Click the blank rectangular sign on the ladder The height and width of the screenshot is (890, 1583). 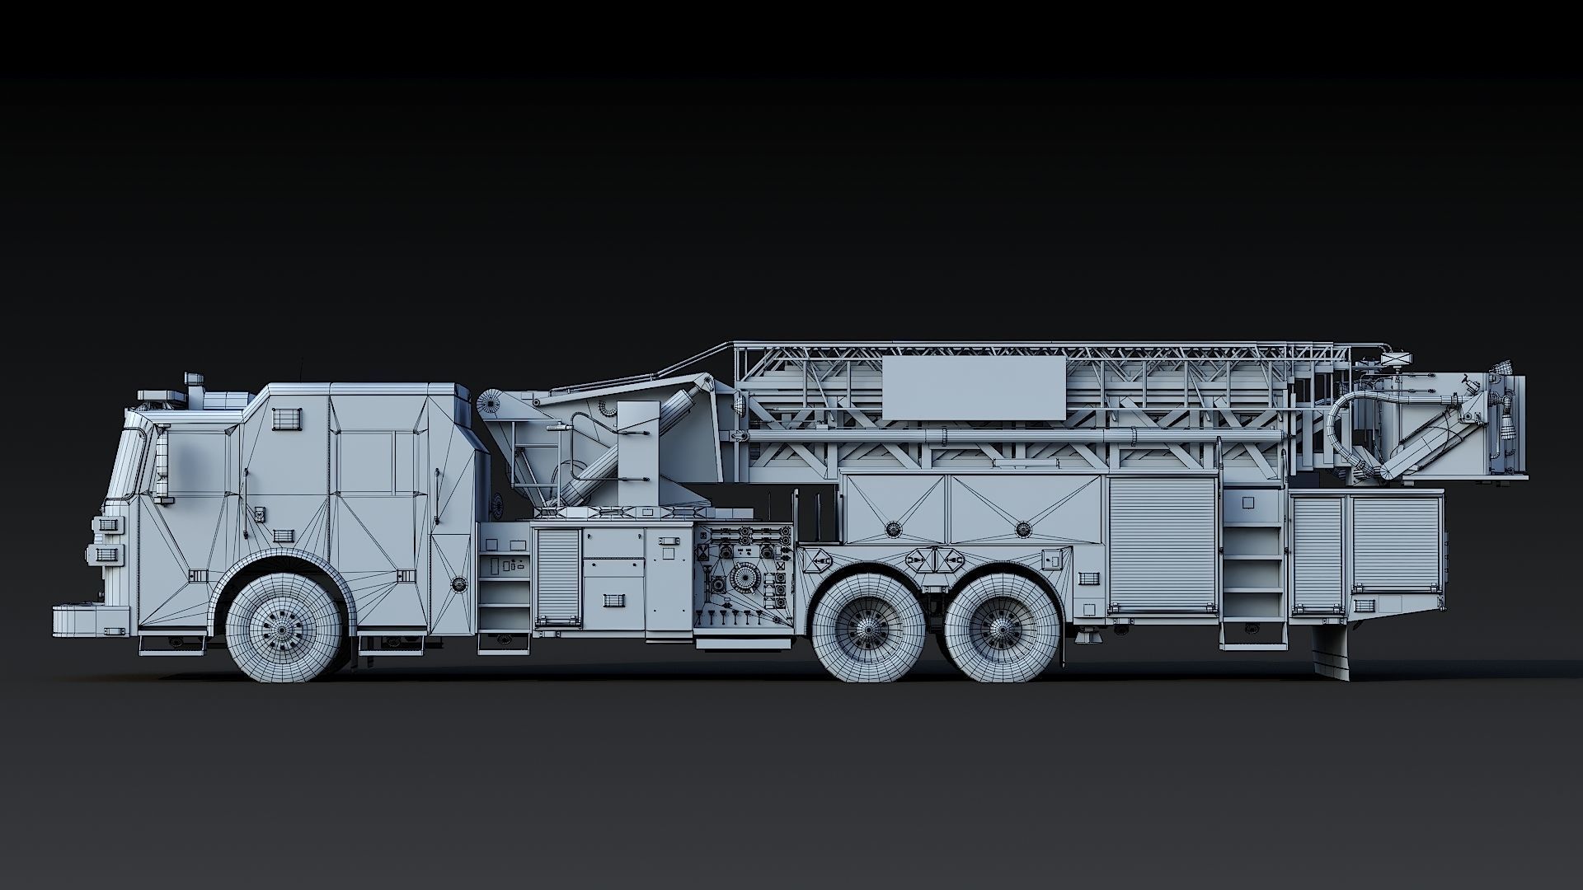973,388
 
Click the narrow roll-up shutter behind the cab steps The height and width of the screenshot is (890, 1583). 557,577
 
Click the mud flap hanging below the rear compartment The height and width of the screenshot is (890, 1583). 1331,651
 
